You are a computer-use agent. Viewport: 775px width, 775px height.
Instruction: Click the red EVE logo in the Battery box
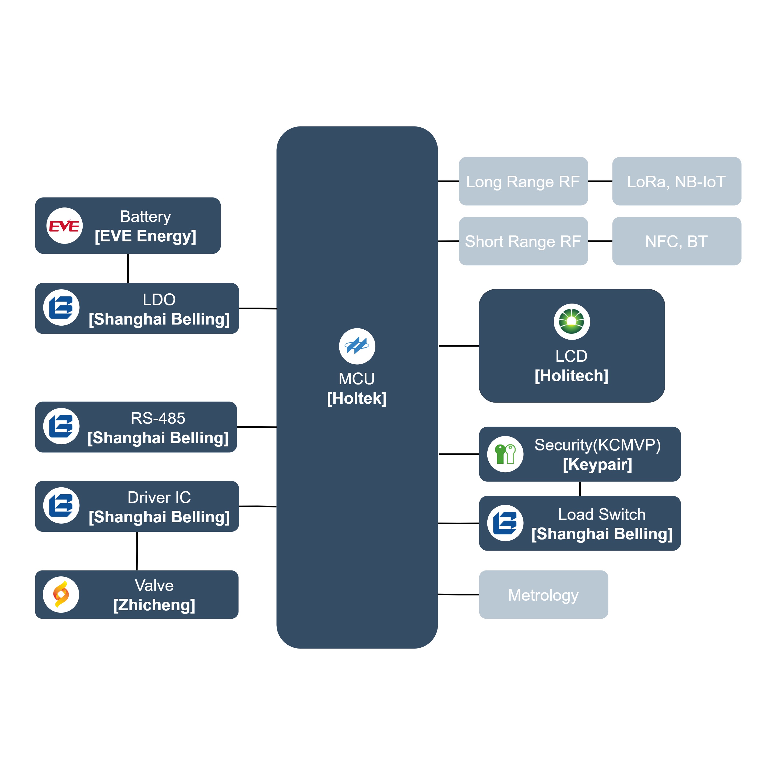[x=64, y=226]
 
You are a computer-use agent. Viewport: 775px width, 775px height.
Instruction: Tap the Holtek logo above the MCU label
[x=357, y=346]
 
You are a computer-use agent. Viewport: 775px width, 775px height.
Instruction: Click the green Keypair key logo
[x=505, y=454]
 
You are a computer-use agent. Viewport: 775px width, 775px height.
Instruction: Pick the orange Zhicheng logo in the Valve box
[x=61, y=594]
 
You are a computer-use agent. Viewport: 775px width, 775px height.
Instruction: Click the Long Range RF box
[x=523, y=181]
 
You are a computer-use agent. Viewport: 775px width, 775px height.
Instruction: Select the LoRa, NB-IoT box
[x=676, y=181]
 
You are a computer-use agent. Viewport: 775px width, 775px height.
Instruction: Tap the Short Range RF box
[x=523, y=241]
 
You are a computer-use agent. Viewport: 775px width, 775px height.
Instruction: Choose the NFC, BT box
[x=676, y=241]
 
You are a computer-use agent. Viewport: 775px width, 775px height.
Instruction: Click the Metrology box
[x=543, y=594]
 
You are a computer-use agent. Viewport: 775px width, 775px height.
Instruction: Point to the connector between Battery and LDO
[x=128, y=268]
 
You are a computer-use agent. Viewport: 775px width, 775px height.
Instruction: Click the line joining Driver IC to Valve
[x=137, y=551]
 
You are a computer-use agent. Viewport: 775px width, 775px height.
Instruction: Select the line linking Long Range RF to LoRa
[x=600, y=181]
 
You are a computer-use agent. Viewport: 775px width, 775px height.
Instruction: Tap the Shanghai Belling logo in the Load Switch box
[x=505, y=523]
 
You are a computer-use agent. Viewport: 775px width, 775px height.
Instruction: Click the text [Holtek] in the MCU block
[x=357, y=398]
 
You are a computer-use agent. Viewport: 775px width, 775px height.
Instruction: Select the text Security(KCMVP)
[x=597, y=445]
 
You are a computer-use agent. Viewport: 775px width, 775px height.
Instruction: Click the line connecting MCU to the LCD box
[x=459, y=345]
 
